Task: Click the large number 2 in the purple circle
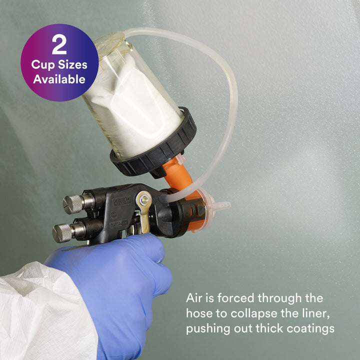[x=59, y=44]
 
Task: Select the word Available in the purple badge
[x=59, y=79]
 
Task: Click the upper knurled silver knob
[x=73, y=203]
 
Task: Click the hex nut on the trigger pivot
[x=144, y=200]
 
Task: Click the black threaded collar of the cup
[x=153, y=144]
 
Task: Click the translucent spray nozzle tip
[x=221, y=205]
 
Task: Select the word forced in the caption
[x=236, y=298]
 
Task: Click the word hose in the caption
[x=199, y=313]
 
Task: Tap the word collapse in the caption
[x=254, y=313]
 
